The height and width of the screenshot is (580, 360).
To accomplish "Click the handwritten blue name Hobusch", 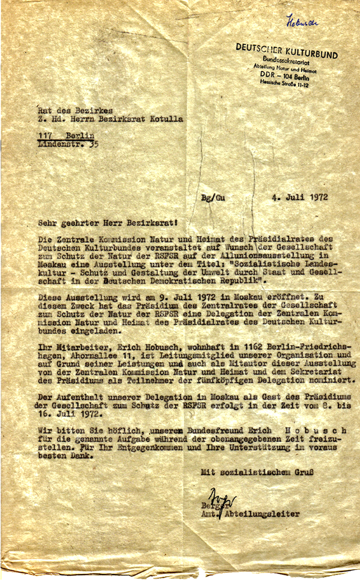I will (x=302, y=22).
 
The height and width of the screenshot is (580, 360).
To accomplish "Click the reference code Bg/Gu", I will (x=213, y=197).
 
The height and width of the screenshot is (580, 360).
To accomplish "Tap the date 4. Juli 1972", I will (x=300, y=197).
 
